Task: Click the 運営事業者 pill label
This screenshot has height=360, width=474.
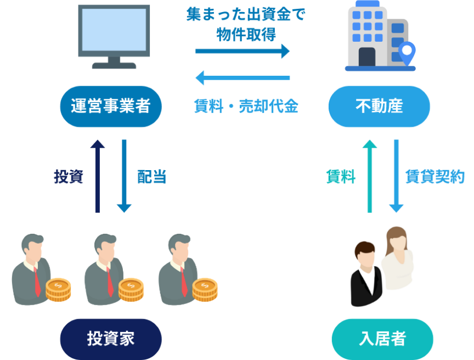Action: [111, 106]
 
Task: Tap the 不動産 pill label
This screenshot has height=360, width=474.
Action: [379, 106]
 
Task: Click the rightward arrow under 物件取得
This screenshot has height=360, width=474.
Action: [242, 51]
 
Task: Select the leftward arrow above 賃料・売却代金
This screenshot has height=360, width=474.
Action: [242, 78]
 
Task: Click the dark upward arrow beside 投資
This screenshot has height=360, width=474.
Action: [98, 176]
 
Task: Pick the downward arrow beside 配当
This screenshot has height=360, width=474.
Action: [125, 176]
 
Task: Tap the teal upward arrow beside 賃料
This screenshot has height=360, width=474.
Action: [370, 176]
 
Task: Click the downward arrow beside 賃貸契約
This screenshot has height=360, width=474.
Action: [396, 176]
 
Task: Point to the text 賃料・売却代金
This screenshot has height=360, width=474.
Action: [246, 106]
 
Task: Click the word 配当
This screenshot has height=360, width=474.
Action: [151, 177]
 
